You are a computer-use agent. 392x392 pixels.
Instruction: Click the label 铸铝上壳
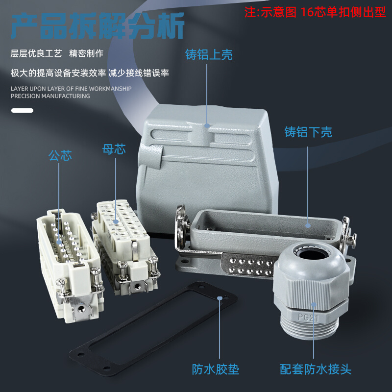pyautogui.click(x=209, y=54)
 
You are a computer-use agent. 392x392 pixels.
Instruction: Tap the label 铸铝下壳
pyautogui.click(x=308, y=132)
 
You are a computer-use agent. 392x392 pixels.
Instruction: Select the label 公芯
pyautogui.click(x=60, y=156)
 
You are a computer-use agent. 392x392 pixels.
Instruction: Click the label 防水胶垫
pyautogui.click(x=216, y=369)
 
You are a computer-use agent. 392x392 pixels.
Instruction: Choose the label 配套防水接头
pyautogui.click(x=316, y=369)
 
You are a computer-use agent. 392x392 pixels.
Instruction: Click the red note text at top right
pyautogui.click(x=315, y=12)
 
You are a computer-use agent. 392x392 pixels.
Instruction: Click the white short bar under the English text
pyautogui.click(x=22, y=111)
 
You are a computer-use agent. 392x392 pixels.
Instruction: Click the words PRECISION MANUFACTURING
pyautogui.click(x=50, y=96)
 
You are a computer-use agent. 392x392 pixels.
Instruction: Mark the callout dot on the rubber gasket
pyautogui.click(x=220, y=298)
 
